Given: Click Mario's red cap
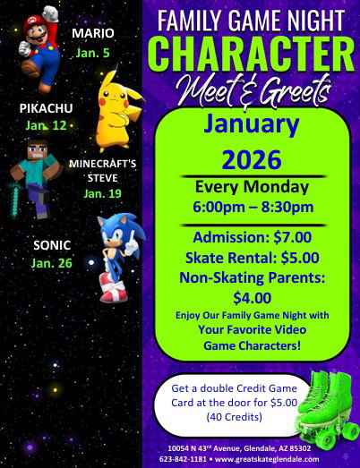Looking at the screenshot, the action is [34, 22].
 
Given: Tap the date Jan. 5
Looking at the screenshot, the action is [92, 53].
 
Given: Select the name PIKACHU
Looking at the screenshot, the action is [46, 108].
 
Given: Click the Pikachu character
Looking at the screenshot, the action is [118, 110].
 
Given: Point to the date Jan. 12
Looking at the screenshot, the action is [46, 125].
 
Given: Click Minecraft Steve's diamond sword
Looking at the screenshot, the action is [14, 200].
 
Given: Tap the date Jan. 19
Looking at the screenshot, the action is [102, 193].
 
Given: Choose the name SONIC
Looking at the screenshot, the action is [52, 245].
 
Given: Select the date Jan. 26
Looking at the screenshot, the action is [52, 263].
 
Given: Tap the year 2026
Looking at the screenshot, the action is [252, 159].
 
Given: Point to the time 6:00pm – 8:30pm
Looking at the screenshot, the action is [253, 207].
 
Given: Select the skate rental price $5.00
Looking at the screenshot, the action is [300, 258].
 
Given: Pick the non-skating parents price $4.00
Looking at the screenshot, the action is [253, 298].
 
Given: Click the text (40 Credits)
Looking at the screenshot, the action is [235, 417].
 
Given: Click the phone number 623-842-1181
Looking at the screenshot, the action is [183, 459].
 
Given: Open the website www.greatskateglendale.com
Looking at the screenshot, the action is [267, 459].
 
